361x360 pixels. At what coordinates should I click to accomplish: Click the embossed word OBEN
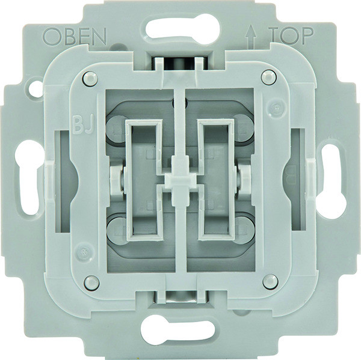(75, 36)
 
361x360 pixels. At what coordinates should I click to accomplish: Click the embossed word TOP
(292, 36)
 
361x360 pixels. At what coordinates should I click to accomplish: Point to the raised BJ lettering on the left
(83, 124)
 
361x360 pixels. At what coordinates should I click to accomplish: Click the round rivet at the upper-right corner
(268, 76)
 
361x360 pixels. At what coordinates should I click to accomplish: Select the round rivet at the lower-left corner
(91, 282)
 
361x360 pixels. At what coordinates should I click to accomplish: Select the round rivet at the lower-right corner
(270, 281)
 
